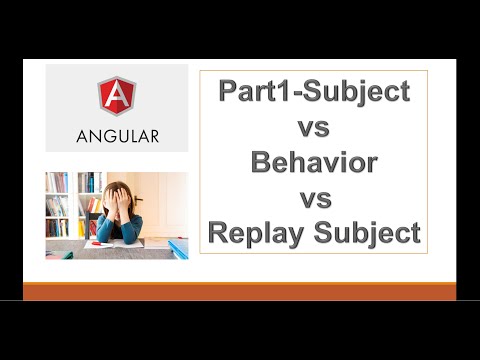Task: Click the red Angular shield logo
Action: (x=117, y=96)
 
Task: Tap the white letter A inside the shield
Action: (x=117, y=96)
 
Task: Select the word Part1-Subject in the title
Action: (x=314, y=92)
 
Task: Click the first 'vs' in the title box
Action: (x=314, y=127)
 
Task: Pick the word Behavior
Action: (x=314, y=162)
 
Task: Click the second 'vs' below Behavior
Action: (x=314, y=198)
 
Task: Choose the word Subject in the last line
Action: (x=366, y=233)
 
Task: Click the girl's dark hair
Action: (x=117, y=186)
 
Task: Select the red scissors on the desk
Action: (x=96, y=242)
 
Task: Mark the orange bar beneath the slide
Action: (x=240, y=291)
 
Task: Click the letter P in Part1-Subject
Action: (x=229, y=92)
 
